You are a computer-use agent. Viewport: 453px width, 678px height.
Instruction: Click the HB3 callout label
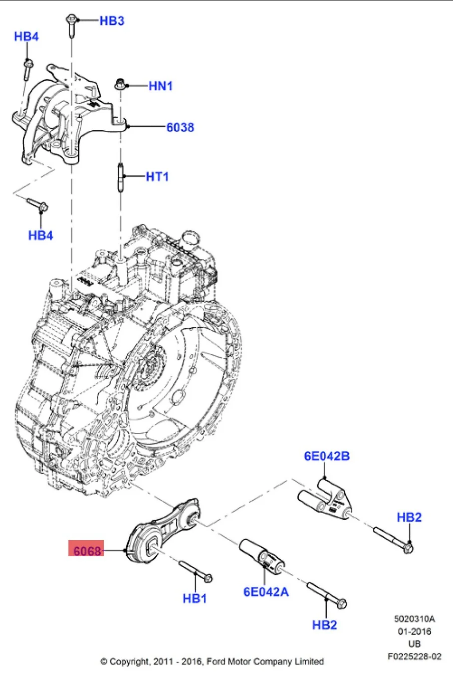pyautogui.click(x=111, y=21)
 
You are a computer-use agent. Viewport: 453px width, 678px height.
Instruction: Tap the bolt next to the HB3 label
pyautogui.click(x=71, y=26)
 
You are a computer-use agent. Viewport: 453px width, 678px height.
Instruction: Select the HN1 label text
pyautogui.click(x=160, y=86)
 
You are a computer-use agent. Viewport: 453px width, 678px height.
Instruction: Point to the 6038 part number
pyautogui.click(x=180, y=127)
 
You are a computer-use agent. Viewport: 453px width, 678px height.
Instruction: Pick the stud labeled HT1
pyautogui.click(x=121, y=177)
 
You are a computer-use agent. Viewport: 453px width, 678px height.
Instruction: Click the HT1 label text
pyautogui.click(x=157, y=177)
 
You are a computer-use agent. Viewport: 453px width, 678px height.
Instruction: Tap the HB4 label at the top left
pyautogui.click(x=26, y=37)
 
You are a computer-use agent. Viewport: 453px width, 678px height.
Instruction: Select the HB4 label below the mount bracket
pyautogui.click(x=41, y=235)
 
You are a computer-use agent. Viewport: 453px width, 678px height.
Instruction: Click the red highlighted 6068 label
pyautogui.click(x=87, y=550)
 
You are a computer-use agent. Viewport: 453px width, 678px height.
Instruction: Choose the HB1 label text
pyautogui.click(x=194, y=598)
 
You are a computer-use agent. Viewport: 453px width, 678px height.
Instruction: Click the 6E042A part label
pyautogui.click(x=266, y=592)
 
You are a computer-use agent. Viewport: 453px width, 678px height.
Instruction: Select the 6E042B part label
pyautogui.click(x=327, y=456)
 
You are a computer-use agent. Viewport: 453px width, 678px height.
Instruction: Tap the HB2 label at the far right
pyautogui.click(x=409, y=517)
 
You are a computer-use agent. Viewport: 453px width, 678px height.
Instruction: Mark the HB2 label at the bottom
pyautogui.click(x=324, y=625)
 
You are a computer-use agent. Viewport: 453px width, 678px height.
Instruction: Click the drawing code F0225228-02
pyautogui.click(x=414, y=656)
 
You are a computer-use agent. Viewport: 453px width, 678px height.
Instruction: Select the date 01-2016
pyautogui.click(x=414, y=631)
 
